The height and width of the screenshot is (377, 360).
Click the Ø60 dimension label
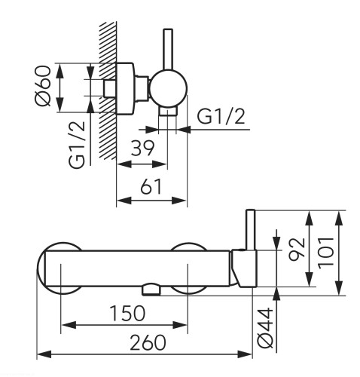coord(43,86)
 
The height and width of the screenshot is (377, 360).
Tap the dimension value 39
coord(142,149)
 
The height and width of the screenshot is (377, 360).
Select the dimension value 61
coord(151,186)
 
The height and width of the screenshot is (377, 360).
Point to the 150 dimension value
coord(128,313)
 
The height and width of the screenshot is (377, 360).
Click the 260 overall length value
coord(148,342)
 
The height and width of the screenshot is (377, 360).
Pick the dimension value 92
coord(297,249)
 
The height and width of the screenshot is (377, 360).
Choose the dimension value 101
coord(326,253)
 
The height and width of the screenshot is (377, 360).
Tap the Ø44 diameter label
coord(265,328)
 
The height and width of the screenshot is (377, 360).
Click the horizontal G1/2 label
coord(221,116)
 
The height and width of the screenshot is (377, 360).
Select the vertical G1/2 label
coord(77,145)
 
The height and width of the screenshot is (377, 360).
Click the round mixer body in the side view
coord(169,88)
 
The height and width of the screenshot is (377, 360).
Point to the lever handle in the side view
coord(168,49)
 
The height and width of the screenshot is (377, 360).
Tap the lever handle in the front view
coord(251,230)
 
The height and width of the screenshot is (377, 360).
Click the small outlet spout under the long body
coord(151,290)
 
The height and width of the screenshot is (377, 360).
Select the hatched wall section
coord(108,90)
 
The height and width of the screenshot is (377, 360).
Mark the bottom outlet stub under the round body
coord(167,111)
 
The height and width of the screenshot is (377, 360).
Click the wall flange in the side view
coord(125,88)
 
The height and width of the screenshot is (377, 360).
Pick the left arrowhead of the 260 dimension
coord(44,354)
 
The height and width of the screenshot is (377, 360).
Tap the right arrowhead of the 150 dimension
coord(180,325)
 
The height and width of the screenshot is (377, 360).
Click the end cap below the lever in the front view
coord(244,268)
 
